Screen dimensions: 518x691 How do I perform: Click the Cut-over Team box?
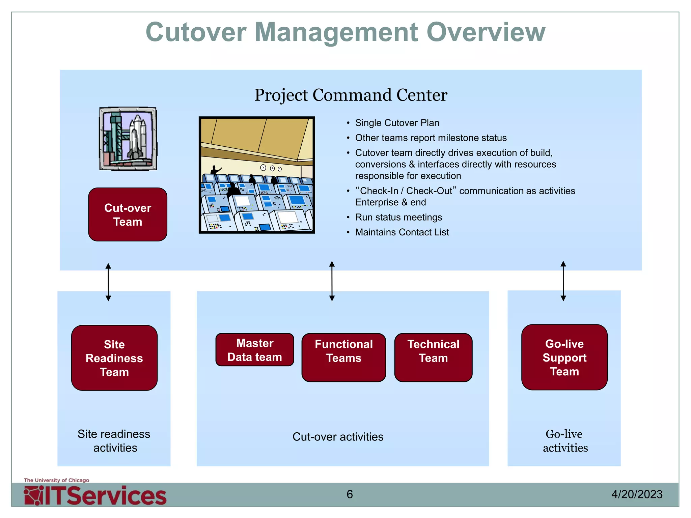click(x=128, y=214)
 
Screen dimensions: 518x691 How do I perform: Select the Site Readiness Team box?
click(x=114, y=358)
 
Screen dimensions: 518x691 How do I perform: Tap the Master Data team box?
click(x=255, y=350)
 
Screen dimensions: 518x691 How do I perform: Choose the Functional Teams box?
click(x=343, y=357)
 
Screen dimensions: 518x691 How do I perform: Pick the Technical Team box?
click(x=433, y=357)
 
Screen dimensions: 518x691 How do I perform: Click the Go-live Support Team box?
click(x=564, y=357)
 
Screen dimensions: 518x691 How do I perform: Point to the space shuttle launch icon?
click(x=128, y=139)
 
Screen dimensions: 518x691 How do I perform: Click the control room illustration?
click(x=257, y=175)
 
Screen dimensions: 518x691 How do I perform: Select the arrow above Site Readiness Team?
click(x=108, y=282)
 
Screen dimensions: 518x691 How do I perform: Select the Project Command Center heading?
click(x=351, y=95)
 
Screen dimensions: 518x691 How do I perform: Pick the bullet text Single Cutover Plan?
click(x=397, y=123)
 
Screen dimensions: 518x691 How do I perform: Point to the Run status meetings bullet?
click(x=398, y=217)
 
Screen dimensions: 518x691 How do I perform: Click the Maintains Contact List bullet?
click(x=402, y=232)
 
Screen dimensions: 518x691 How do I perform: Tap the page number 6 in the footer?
click(x=350, y=494)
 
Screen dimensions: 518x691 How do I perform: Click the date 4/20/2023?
click(x=637, y=494)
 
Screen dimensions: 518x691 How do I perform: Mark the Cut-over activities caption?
click(x=338, y=437)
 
